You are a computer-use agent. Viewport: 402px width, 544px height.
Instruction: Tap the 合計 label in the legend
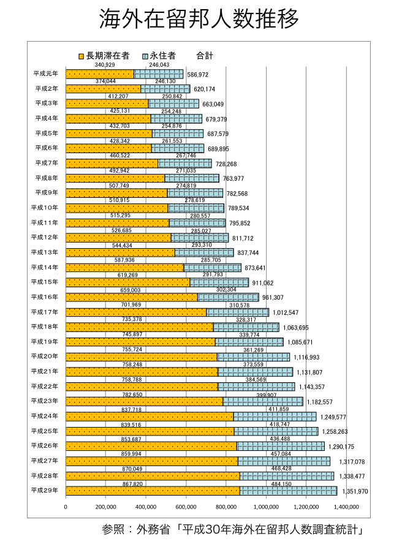click(205, 56)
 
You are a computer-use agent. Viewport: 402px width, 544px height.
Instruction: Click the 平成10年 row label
click(45, 208)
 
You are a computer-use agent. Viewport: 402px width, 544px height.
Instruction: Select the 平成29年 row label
click(45, 490)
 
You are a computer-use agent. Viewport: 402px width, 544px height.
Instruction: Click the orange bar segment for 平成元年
click(99, 74)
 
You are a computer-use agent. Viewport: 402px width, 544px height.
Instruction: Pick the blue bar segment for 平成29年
click(288, 491)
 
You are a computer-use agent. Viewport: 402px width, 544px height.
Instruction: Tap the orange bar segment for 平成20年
click(141, 357)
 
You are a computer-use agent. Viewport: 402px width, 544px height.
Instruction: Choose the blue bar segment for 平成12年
click(200, 238)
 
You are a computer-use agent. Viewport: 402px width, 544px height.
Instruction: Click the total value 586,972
click(198, 75)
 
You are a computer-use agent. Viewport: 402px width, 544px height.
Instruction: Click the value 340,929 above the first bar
click(105, 65)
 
